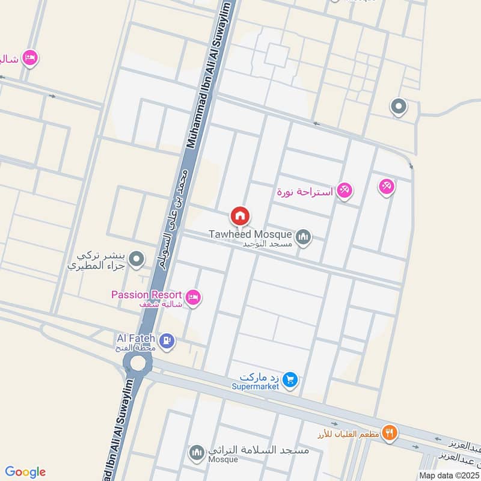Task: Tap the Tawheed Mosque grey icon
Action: tap(304, 237)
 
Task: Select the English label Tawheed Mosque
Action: tap(251, 234)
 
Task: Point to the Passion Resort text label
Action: tap(146, 295)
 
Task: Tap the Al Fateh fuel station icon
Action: tap(168, 342)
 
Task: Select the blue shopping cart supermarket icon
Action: tap(290, 379)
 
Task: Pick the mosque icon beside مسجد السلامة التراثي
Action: tap(197, 452)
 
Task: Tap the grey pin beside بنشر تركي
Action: tap(138, 260)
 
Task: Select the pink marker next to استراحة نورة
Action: tap(344, 191)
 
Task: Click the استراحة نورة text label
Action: tap(305, 192)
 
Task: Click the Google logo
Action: tap(25, 472)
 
